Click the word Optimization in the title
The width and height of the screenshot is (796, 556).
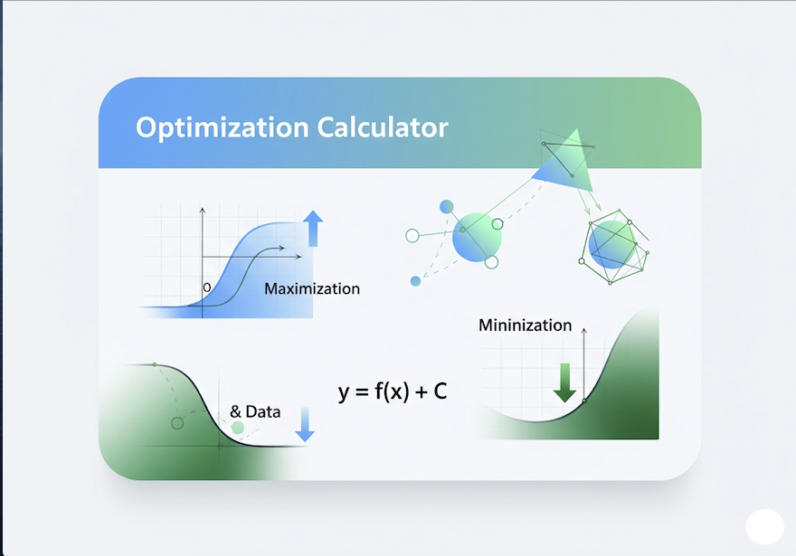pyautogui.click(x=222, y=127)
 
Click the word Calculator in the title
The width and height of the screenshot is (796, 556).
pyautogui.click(x=383, y=127)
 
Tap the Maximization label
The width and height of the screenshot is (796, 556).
pyautogui.click(x=312, y=288)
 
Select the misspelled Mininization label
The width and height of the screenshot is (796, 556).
pyautogui.click(x=525, y=325)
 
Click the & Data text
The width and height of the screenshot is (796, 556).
pyautogui.click(x=255, y=411)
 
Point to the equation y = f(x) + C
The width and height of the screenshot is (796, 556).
pyautogui.click(x=393, y=391)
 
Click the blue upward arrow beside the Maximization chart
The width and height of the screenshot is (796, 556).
pyautogui.click(x=313, y=229)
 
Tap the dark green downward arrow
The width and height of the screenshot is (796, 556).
pyautogui.click(x=564, y=383)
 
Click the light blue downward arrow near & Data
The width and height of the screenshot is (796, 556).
pyautogui.click(x=305, y=425)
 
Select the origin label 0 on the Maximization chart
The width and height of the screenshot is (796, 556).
pyautogui.click(x=206, y=287)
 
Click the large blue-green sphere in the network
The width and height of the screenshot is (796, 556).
pyautogui.click(x=477, y=238)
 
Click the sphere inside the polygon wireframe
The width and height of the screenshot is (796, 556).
pyautogui.click(x=612, y=244)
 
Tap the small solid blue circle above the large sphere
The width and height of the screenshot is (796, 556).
pyautogui.click(x=446, y=206)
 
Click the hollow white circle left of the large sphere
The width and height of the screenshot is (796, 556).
pyautogui.click(x=412, y=235)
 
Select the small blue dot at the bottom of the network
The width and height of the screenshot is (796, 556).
pyautogui.click(x=415, y=281)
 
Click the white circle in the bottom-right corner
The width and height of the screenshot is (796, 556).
pyautogui.click(x=764, y=526)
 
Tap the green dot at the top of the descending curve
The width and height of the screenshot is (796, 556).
pyautogui.click(x=155, y=364)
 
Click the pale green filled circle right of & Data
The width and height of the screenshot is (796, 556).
pyautogui.click(x=238, y=429)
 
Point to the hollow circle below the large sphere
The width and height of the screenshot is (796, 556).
pyautogui.click(x=491, y=262)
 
